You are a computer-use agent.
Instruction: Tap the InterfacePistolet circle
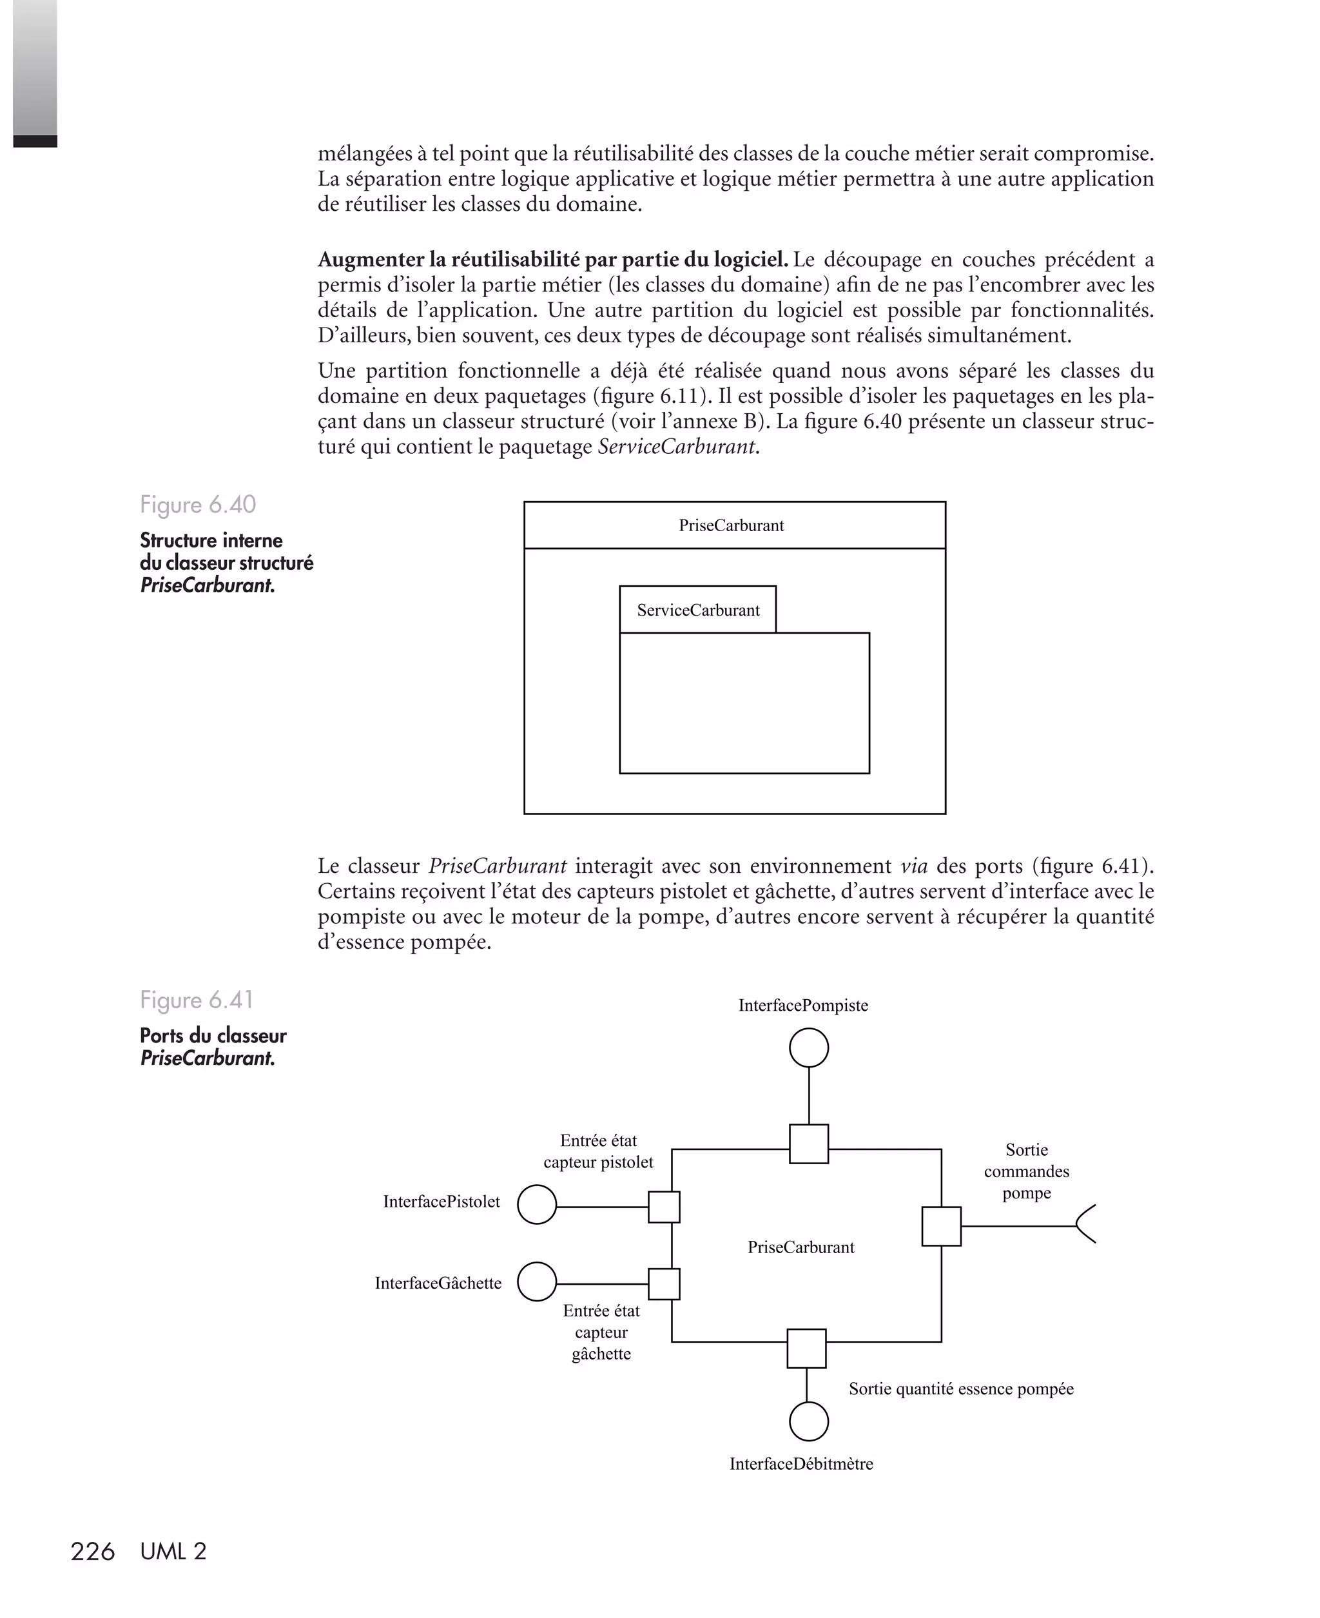coord(537,1204)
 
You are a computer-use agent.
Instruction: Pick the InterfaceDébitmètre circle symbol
coord(808,1421)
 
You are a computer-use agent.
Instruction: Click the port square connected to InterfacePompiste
coord(808,1144)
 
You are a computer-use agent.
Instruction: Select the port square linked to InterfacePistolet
coord(664,1207)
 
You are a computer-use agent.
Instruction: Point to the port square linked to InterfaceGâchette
coord(664,1283)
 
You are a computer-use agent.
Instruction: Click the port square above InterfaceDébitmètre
coord(806,1348)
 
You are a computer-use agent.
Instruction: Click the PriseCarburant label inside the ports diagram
coord(801,1247)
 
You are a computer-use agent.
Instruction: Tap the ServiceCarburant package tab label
coord(698,610)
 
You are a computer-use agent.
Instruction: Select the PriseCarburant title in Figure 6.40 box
coord(731,525)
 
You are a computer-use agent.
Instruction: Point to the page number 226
coord(92,1551)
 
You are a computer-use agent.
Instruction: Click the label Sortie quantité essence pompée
coord(960,1389)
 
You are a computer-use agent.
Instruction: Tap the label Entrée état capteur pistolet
coord(598,1151)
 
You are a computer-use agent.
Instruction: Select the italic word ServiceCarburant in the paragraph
coord(677,447)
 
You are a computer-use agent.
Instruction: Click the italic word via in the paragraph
coord(913,866)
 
